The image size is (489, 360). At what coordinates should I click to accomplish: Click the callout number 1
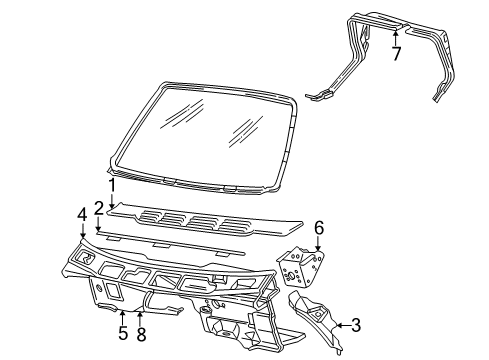click(x=113, y=185)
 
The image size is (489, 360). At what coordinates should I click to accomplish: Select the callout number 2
click(x=99, y=208)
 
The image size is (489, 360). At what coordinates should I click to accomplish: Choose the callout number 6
click(x=319, y=228)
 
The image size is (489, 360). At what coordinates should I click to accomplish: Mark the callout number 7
click(x=396, y=54)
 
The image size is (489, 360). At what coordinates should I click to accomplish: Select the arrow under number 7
click(x=396, y=38)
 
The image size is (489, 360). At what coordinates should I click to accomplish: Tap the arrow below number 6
click(x=319, y=243)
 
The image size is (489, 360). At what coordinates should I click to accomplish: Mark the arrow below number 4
click(x=82, y=230)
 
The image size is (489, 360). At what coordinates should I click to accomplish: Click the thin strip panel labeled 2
click(x=170, y=243)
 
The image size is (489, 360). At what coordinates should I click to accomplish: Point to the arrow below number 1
click(x=113, y=200)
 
